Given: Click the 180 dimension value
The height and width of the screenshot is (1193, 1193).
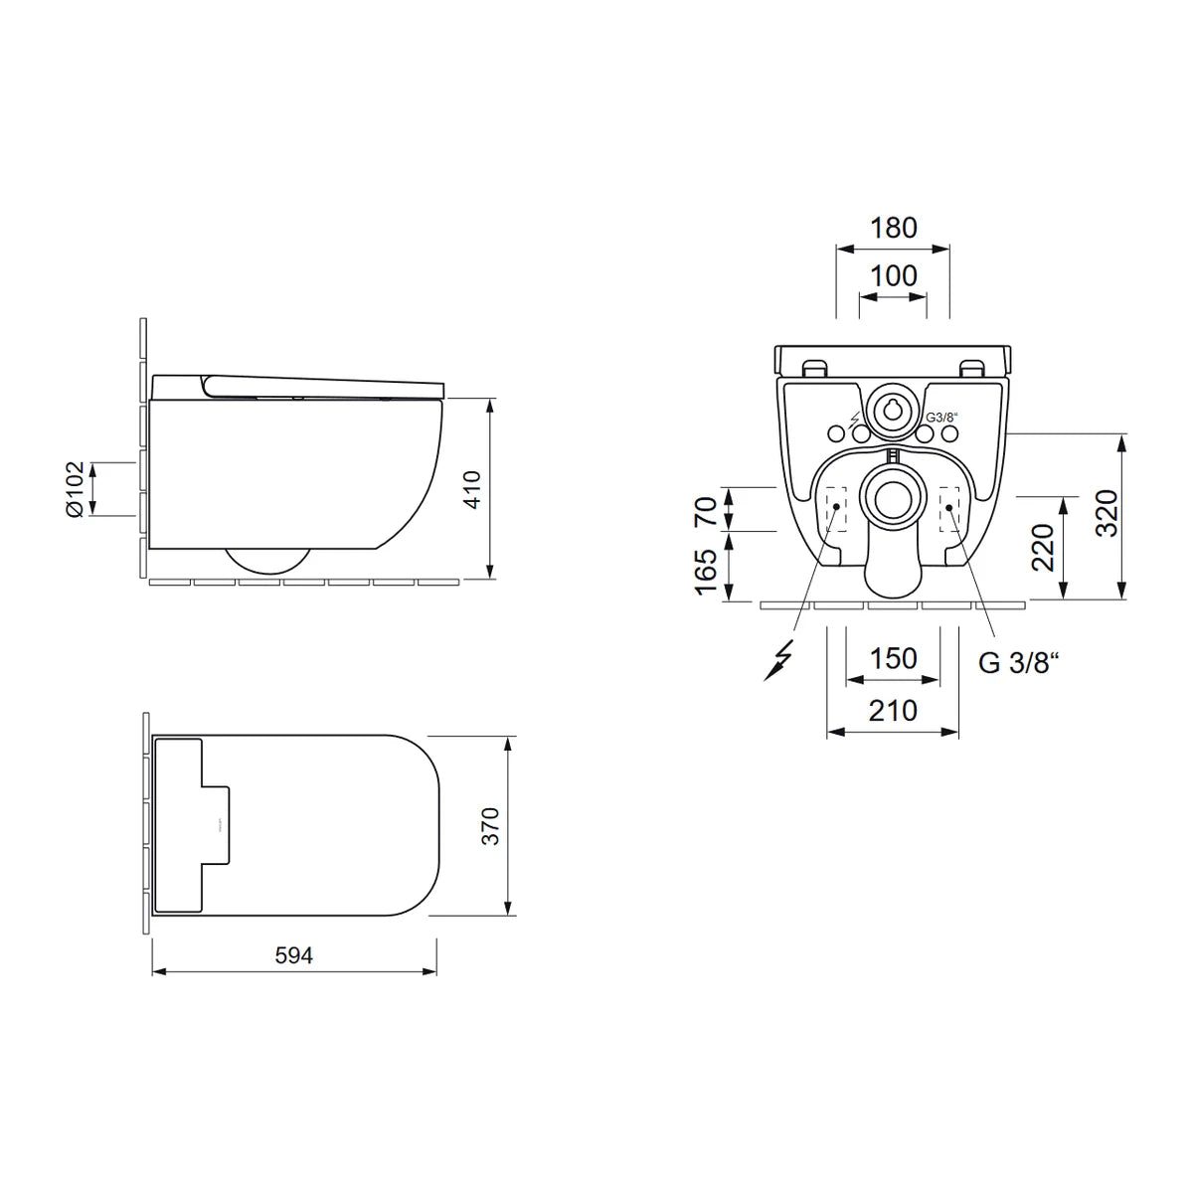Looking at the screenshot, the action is (x=893, y=228).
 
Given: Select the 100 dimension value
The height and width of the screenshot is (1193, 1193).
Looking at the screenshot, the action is (x=893, y=276).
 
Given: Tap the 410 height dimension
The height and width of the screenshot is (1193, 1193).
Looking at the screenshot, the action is (x=472, y=489).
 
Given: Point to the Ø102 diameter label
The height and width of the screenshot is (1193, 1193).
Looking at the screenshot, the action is (x=75, y=489).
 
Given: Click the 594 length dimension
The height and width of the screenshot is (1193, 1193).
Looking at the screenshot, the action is (x=293, y=955).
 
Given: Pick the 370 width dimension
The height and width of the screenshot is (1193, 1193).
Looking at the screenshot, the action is (x=490, y=826).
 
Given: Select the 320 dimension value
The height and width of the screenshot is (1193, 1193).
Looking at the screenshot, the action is (x=1107, y=513).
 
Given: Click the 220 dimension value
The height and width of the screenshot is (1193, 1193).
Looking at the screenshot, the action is (x=1043, y=547).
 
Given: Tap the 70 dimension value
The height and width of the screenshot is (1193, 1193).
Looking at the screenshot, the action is (x=706, y=511).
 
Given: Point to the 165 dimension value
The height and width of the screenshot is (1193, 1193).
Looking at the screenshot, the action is (x=706, y=572).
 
